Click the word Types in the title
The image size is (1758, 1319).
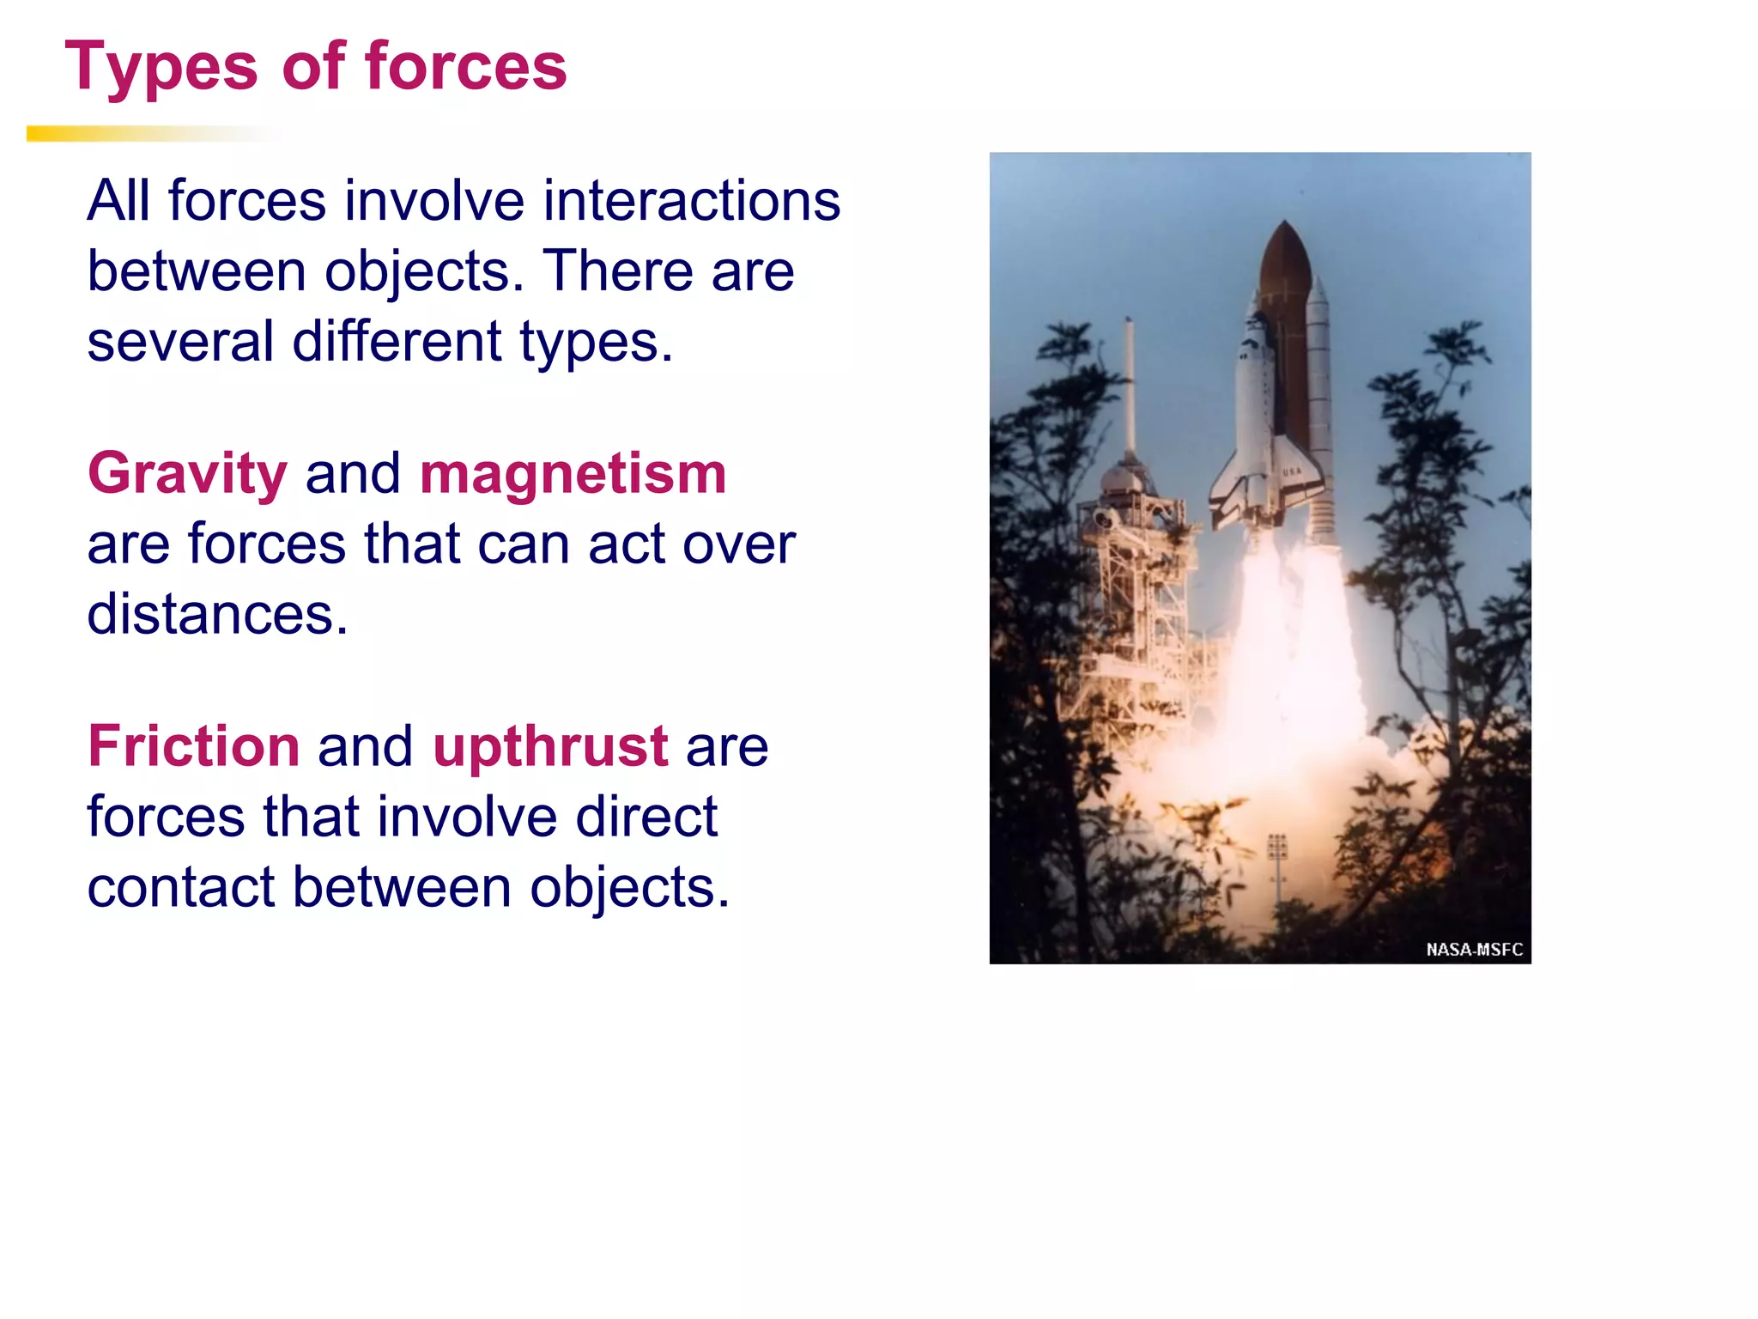point(161,67)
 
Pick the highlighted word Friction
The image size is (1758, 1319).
point(194,745)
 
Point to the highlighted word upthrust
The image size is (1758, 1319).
point(550,745)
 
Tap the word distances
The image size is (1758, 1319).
point(217,614)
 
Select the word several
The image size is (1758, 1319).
point(180,341)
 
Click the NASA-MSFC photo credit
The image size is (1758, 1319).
point(1474,949)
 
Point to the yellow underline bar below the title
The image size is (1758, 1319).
point(129,134)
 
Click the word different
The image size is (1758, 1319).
point(397,341)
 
